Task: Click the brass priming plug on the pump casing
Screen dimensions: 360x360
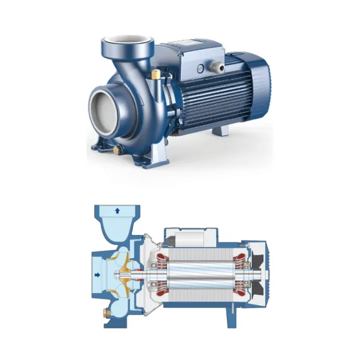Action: point(155,75)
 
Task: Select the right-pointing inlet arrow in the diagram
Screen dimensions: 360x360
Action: point(97,275)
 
